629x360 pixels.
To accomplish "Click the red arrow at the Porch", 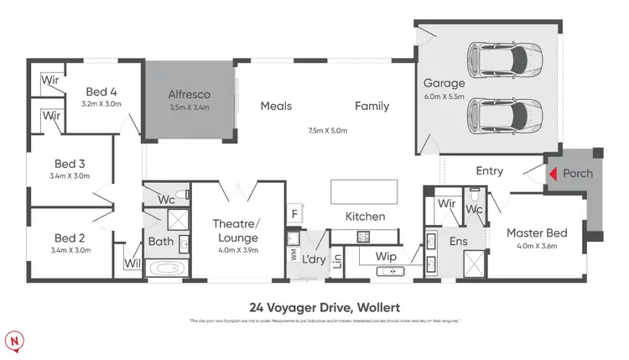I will coord(553,174).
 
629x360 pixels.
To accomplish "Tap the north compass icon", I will coord(15,340).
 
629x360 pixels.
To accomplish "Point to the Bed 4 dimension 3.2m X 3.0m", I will coord(101,105).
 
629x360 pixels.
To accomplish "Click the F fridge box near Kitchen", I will coord(294,214).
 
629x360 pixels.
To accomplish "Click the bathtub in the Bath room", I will coord(168,269).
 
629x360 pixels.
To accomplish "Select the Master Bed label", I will coord(537,233).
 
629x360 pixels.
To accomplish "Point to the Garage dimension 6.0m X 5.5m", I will coord(443,97).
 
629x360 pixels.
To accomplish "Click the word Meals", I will coord(276,106).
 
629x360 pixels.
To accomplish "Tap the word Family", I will coord(372,106).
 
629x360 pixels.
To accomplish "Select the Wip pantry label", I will coord(385,255).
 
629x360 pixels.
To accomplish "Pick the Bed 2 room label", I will coord(71,237).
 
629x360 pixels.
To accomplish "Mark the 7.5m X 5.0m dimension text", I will coord(327,131).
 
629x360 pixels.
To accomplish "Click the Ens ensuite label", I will coord(460,242).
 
